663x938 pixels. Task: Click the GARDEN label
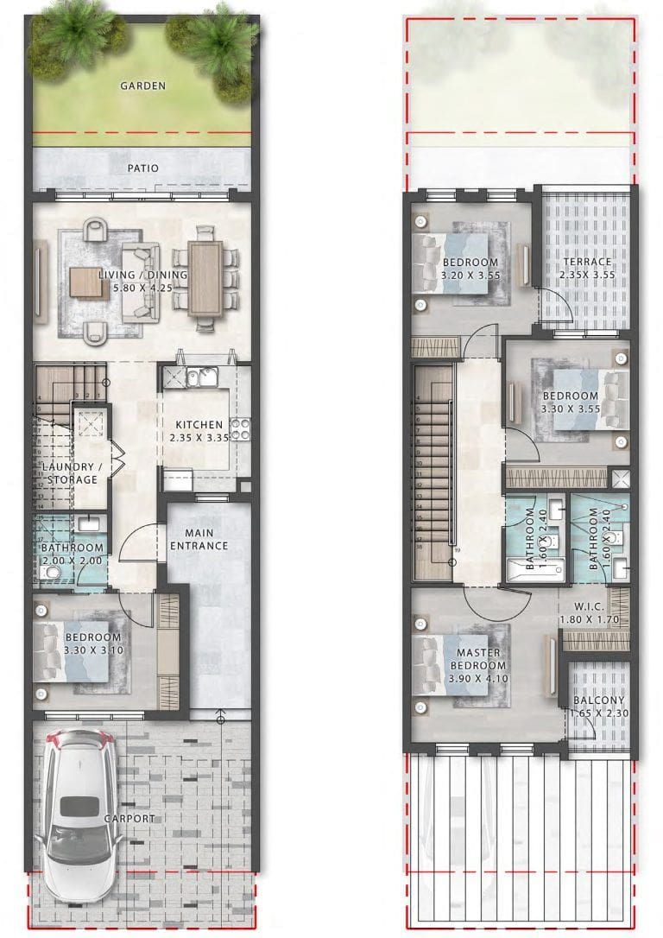pos(142,86)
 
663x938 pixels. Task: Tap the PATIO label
pos(142,168)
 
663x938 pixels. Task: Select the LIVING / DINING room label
pos(142,275)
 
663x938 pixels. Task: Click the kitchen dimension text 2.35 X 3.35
pos(199,439)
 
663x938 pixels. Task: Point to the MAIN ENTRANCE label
pos(199,539)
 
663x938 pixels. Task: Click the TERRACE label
pos(587,262)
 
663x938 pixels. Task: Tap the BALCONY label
pos(598,700)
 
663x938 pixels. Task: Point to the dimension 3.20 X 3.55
pos(470,276)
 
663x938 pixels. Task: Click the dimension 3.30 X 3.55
pos(570,409)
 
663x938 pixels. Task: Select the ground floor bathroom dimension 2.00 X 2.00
pos(73,561)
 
